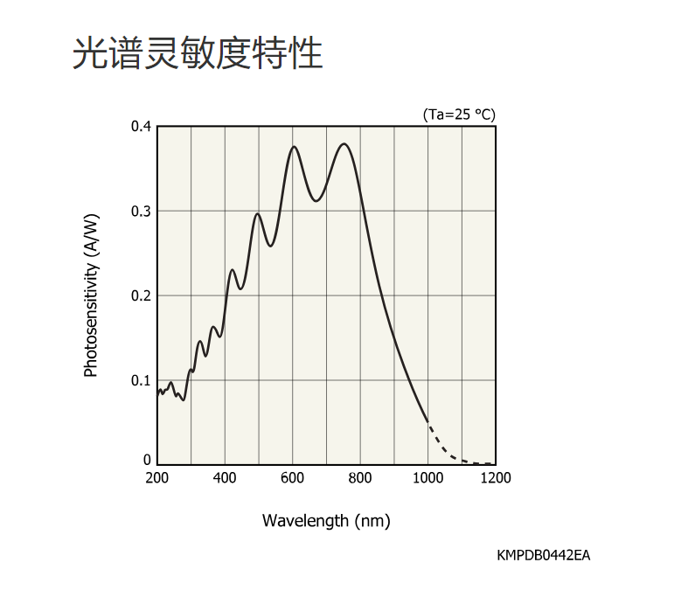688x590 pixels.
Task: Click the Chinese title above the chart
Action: pyautogui.click(x=198, y=53)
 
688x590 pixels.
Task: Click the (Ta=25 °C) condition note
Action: pyautogui.click(x=458, y=115)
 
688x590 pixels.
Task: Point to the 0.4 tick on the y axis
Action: pyautogui.click(x=142, y=127)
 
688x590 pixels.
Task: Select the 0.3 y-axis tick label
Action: pyautogui.click(x=142, y=212)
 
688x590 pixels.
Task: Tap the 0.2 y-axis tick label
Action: pyautogui.click(x=142, y=295)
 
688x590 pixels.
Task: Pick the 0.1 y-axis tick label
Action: pyautogui.click(x=142, y=380)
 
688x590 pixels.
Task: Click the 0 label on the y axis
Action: pyautogui.click(x=147, y=460)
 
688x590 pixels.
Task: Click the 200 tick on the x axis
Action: pyautogui.click(x=157, y=478)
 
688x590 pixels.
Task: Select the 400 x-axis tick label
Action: pyautogui.click(x=225, y=478)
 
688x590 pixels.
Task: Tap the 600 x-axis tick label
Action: pyautogui.click(x=292, y=478)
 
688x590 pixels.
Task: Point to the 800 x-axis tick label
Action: pyautogui.click(x=360, y=478)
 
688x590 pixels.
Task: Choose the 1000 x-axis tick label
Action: pyautogui.click(x=427, y=478)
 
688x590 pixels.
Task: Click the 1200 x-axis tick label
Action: pyautogui.click(x=496, y=478)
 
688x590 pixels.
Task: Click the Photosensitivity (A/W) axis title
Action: pyautogui.click(x=91, y=295)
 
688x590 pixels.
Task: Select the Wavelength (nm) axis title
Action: pyautogui.click(x=326, y=521)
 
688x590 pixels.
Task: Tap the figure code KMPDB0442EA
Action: pyautogui.click(x=543, y=555)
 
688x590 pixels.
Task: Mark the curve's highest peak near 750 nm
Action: pyautogui.click(x=344, y=144)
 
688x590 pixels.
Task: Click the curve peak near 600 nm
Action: pyautogui.click(x=294, y=147)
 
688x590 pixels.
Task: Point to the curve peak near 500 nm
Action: pyautogui.click(x=258, y=213)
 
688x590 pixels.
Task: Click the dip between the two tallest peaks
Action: pyautogui.click(x=316, y=200)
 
